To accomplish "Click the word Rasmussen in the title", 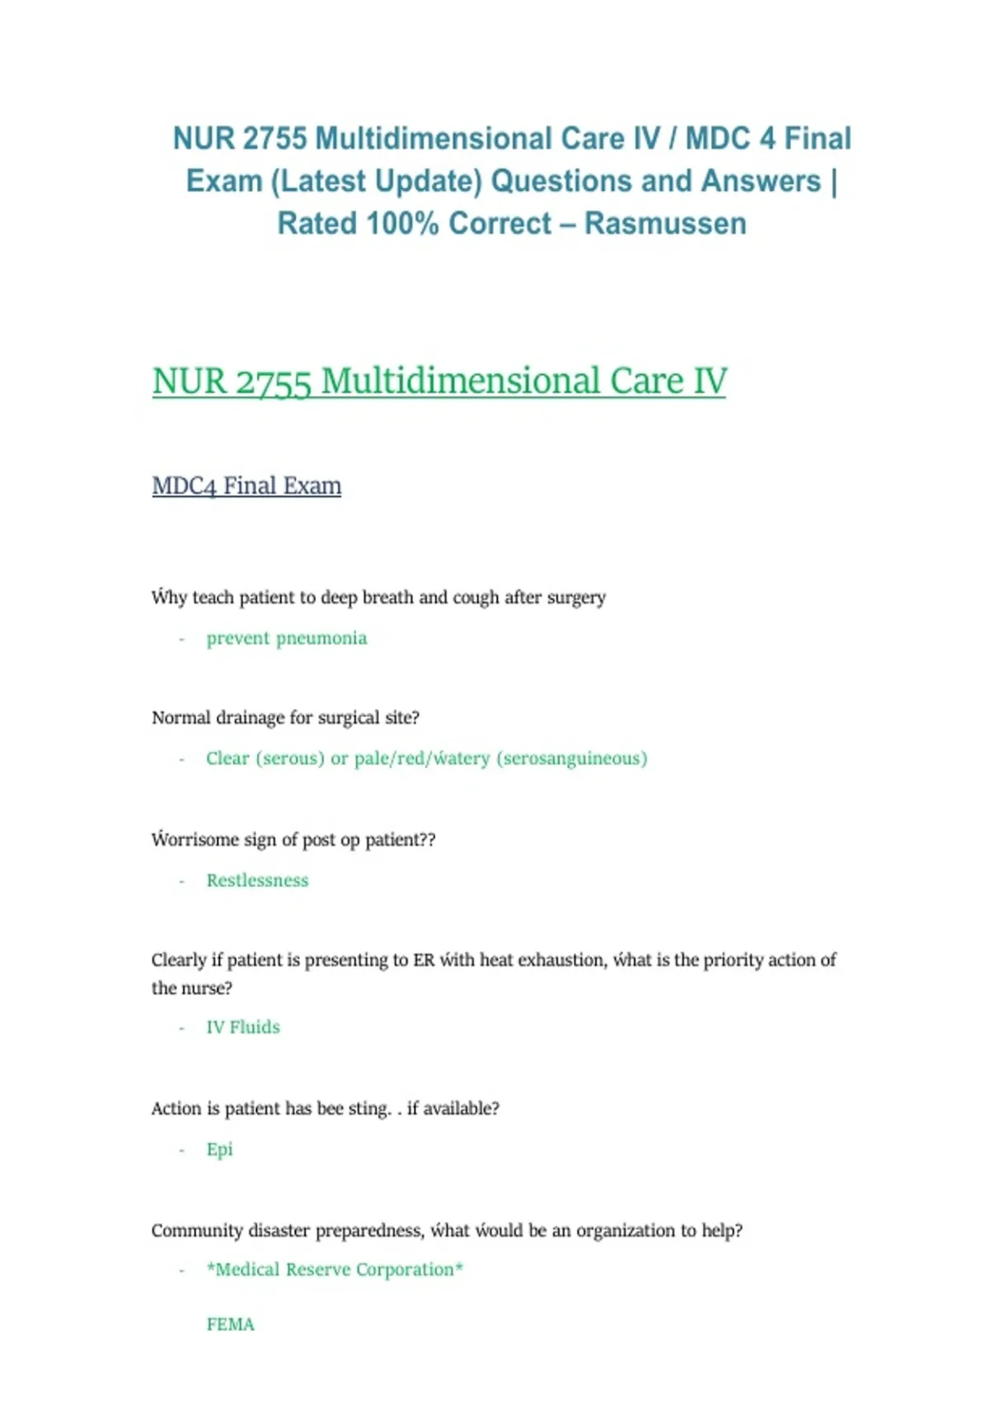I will click(665, 223).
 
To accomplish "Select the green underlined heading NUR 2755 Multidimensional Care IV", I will click(439, 382).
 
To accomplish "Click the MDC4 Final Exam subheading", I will click(246, 485).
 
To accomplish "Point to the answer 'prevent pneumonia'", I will click(286, 638).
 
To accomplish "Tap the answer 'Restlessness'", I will click(257, 880).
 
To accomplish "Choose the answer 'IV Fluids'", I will click(243, 1027).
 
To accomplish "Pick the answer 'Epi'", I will click(219, 1149).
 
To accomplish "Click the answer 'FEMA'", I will click(230, 1324).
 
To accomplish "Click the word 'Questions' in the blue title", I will click(560, 181).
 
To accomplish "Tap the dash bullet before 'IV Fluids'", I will click(181, 1028).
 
